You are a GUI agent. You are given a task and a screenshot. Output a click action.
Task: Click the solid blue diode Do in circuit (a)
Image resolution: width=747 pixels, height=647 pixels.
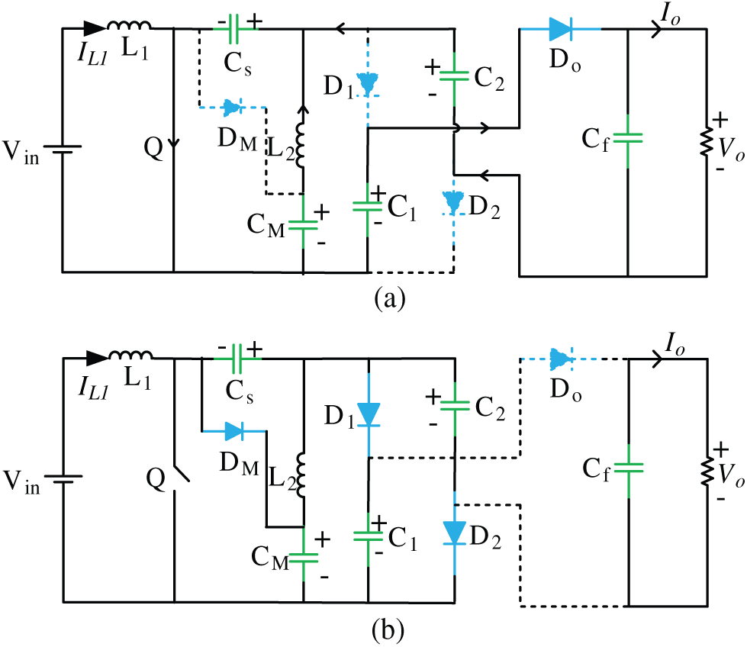[x=559, y=30]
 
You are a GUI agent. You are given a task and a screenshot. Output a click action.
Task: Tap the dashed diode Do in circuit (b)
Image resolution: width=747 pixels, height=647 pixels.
[x=560, y=357]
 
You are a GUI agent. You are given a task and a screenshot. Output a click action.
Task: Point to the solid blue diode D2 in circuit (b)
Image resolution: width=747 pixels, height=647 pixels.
[x=454, y=531]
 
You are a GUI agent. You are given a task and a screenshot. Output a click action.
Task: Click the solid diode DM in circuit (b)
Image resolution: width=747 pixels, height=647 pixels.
[x=233, y=431]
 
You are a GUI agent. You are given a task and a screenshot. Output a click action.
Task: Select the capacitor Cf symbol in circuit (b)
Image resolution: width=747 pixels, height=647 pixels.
[x=626, y=465]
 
